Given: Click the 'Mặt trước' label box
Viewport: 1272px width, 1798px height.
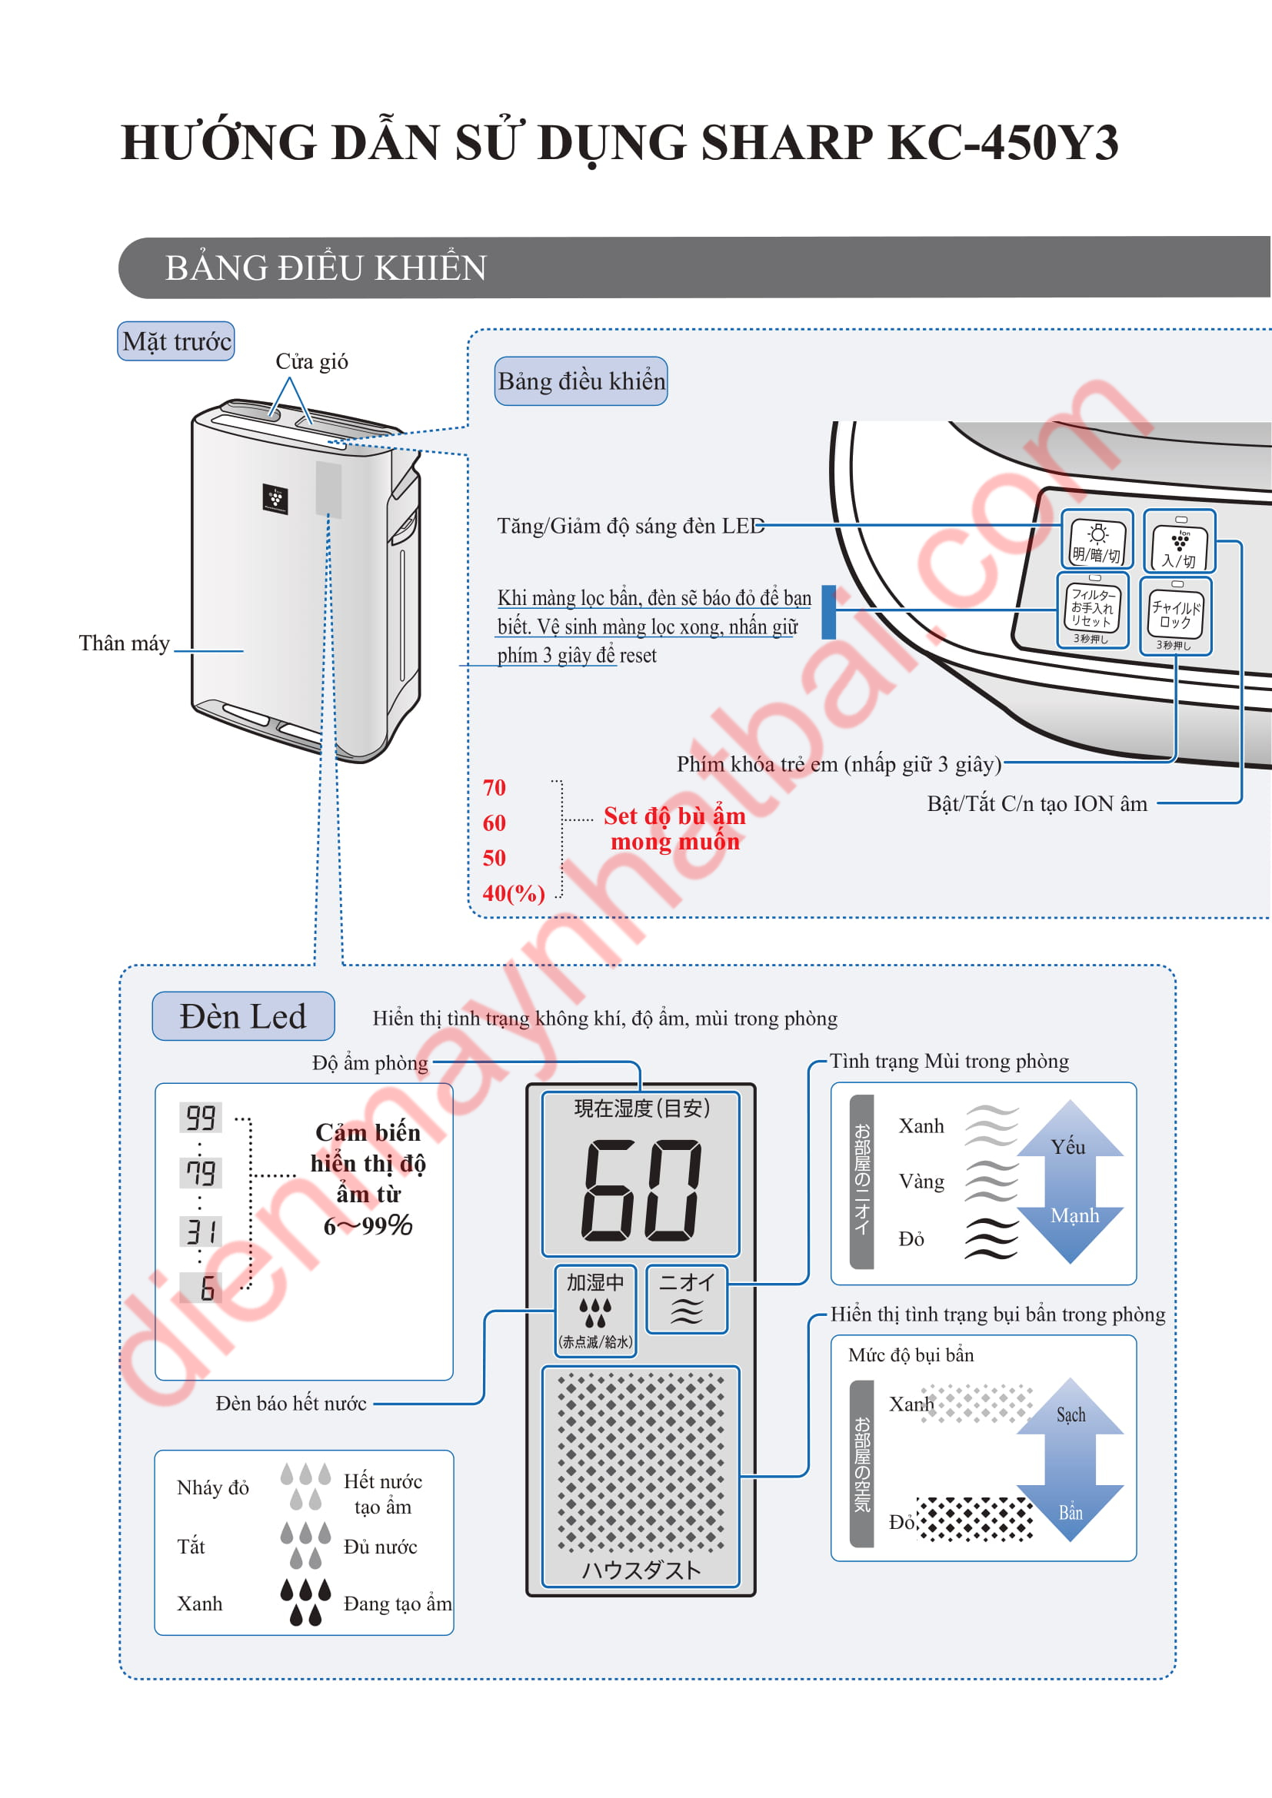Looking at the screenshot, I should [176, 341].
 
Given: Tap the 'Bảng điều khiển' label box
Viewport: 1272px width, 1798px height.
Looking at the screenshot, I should [581, 381].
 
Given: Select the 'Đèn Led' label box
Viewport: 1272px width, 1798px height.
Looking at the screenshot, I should [243, 1016].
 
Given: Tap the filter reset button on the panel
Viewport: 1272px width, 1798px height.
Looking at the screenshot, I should [1093, 610].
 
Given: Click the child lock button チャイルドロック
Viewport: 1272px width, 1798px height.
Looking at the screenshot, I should [1176, 616].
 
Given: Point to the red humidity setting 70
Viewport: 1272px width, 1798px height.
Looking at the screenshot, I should [494, 787].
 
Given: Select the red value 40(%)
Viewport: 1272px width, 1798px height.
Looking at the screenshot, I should [514, 892].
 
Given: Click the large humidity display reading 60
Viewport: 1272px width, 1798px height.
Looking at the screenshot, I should [641, 1189].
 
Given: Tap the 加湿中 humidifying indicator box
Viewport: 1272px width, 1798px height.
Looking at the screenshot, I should [595, 1310].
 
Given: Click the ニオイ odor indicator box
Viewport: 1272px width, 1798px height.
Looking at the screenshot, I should [687, 1299].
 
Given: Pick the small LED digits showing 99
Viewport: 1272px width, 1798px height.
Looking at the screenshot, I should [201, 1118].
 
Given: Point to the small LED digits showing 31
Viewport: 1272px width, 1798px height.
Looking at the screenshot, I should [201, 1231].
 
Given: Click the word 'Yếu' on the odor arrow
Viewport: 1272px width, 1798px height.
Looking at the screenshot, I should [1068, 1147].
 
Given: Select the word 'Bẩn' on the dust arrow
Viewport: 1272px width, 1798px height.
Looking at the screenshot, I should [1071, 1512].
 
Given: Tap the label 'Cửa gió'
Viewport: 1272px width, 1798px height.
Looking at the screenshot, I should [311, 362].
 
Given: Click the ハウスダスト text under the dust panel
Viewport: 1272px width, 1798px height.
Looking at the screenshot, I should [641, 1570].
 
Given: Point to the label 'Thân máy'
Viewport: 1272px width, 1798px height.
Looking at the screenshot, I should [124, 643].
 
